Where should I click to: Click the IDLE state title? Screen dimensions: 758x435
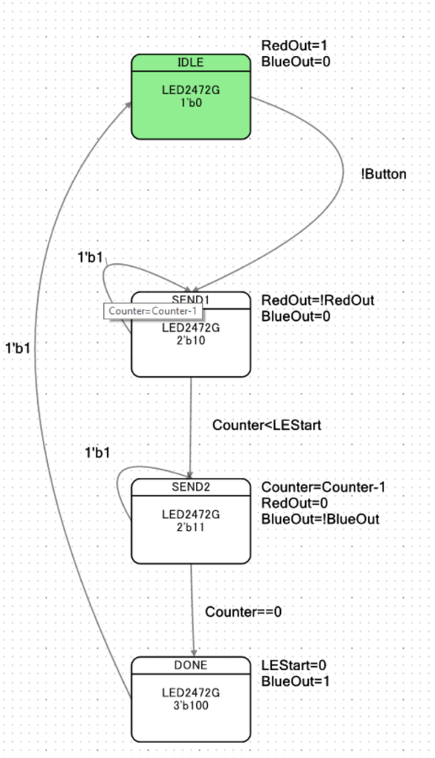pos(191,62)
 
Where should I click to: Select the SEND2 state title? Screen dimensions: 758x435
pos(191,486)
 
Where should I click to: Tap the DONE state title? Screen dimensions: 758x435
pos(191,665)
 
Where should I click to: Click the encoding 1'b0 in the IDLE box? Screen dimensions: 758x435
pos(191,101)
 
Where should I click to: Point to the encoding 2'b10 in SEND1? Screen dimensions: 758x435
pos(191,340)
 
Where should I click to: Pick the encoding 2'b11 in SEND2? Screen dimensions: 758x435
pos(191,526)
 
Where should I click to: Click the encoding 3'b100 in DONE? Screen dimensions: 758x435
pos(191,705)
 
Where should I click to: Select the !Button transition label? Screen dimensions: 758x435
pos(383,174)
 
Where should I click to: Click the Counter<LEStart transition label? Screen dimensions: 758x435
pos(266,425)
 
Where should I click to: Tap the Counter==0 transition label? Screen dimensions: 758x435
pos(243,611)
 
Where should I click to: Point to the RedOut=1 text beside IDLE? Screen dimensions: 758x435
pos(289,45)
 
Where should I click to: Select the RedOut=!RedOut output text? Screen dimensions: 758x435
pos(317,300)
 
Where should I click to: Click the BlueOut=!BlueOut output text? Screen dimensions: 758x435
pos(320,519)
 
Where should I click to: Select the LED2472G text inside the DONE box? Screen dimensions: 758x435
pos(191,692)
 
